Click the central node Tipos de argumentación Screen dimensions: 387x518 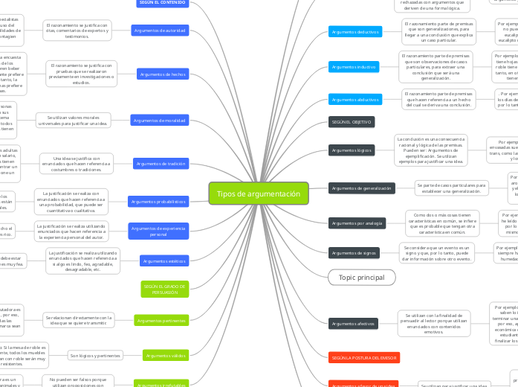pyautogui.click(x=258, y=194)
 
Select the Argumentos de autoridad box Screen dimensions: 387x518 pyautogui.click(x=160, y=31)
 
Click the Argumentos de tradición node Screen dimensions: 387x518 pyautogui.click(x=160, y=163)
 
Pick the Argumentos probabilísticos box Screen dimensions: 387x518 pyautogui.click(x=158, y=202)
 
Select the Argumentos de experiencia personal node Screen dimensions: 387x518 pyautogui.click(x=158, y=231)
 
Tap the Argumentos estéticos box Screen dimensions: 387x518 pyautogui.click(x=164, y=261)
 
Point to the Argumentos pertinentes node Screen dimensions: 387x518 pyautogui.click(x=161, y=320)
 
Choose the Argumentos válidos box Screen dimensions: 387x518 pyautogui.click(x=164, y=356)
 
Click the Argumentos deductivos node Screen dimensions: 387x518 pyautogui.click(x=354, y=32)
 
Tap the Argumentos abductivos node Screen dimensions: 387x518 pyautogui.click(x=354, y=99)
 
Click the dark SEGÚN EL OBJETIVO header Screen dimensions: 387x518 pyautogui.click(x=351, y=121)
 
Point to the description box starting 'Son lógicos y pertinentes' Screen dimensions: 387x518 pyautogui.click(x=96, y=355)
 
